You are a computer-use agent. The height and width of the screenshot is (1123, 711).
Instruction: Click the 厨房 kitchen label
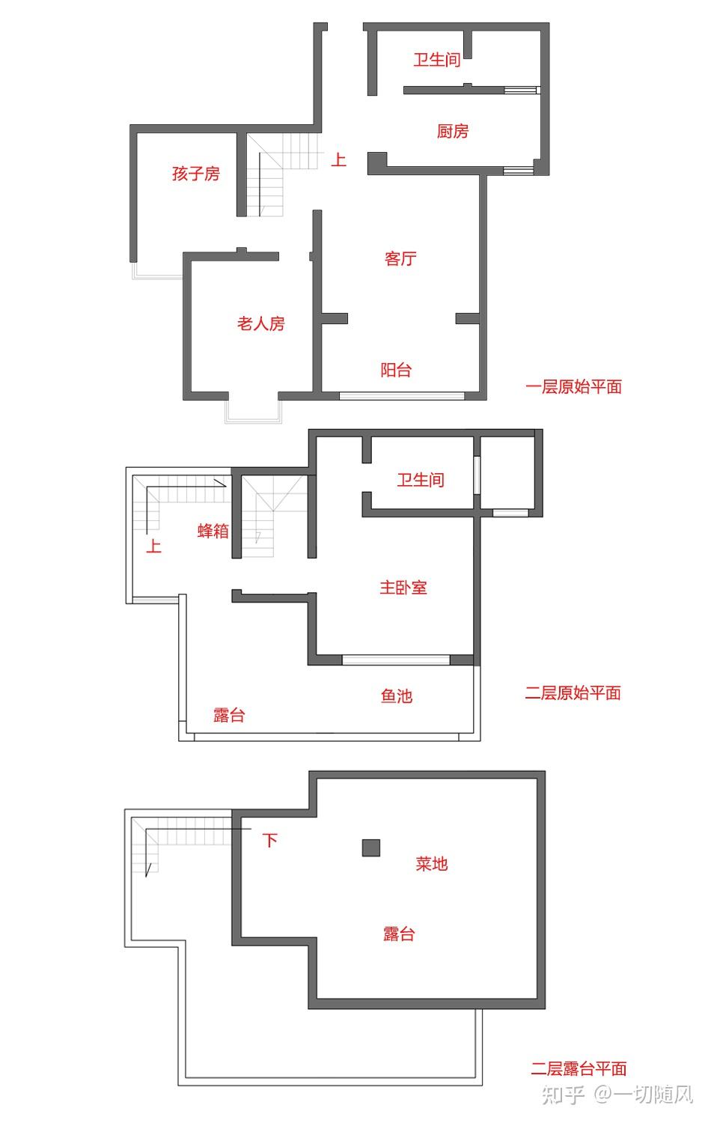point(453,132)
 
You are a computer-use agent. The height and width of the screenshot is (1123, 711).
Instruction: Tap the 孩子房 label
point(196,174)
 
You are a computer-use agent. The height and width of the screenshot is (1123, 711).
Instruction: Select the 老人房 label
point(261,324)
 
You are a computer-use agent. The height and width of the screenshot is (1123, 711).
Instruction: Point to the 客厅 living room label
point(400,259)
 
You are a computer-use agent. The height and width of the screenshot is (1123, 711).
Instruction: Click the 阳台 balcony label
point(396,370)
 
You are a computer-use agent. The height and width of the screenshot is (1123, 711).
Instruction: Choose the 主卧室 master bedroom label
point(403,588)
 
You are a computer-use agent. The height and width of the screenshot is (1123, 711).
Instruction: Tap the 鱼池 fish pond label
point(397,696)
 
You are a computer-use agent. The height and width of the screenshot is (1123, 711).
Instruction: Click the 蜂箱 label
point(213,531)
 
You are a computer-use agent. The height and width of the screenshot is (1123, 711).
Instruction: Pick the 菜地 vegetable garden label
point(432,864)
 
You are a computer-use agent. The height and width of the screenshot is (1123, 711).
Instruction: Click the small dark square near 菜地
point(371,847)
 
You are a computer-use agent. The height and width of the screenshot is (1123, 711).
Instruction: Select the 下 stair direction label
point(269,840)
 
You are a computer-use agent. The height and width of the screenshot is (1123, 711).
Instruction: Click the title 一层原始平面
point(574,387)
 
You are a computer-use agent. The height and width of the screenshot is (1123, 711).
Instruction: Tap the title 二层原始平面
point(573,693)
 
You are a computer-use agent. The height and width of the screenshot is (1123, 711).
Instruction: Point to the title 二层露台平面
point(579,1069)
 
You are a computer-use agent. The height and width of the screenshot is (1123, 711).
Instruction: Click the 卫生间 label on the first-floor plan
point(437,60)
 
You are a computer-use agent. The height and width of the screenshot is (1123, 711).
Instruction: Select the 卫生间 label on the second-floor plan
point(421,480)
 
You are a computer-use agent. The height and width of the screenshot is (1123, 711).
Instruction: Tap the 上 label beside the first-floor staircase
point(339,159)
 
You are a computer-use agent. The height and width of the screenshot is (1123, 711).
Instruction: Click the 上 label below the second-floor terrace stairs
point(153,546)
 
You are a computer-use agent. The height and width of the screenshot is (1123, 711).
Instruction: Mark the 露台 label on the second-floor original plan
point(229,716)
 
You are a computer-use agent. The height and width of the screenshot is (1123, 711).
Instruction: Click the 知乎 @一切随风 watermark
point(617,1095)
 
